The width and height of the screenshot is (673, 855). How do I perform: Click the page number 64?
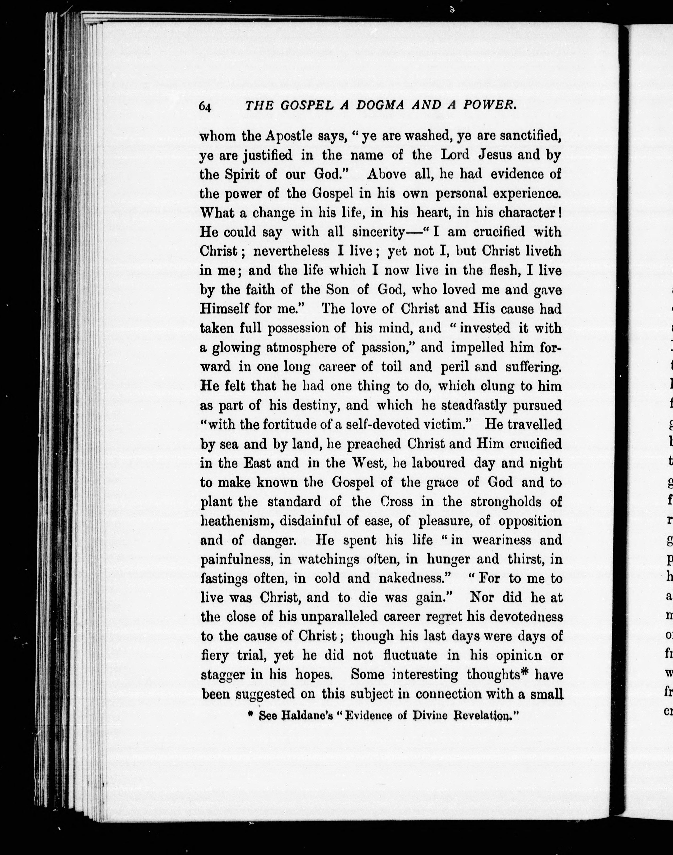click(205, 106)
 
